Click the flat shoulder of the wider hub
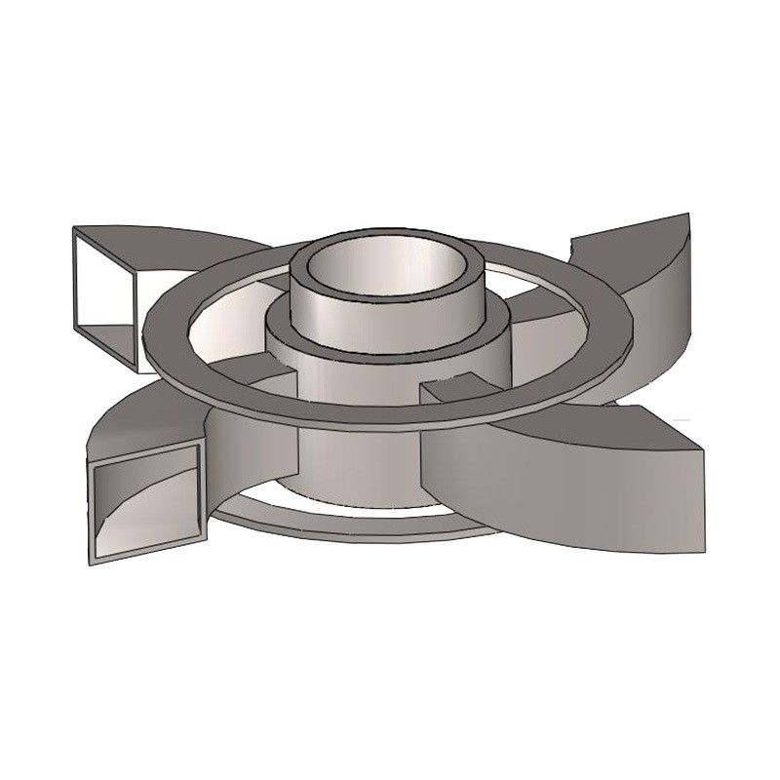pyautogui.click(x=283, y=322)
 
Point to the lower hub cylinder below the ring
pyautogui.click(x=361, y=458)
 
